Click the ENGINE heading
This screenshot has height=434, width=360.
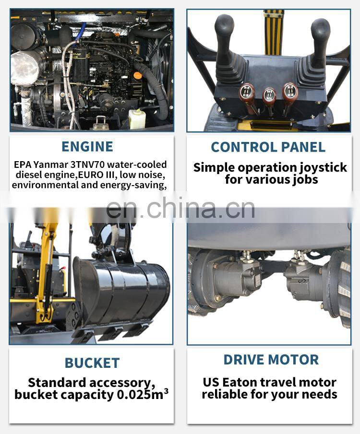[87, 146]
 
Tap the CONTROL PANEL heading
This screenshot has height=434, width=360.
[268, 147]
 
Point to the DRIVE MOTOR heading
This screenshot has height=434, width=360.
[271, 360]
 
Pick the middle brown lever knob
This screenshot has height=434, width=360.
[269, 96]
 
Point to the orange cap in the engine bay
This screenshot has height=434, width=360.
[138, 75]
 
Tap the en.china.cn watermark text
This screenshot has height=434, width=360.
[180, 208]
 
